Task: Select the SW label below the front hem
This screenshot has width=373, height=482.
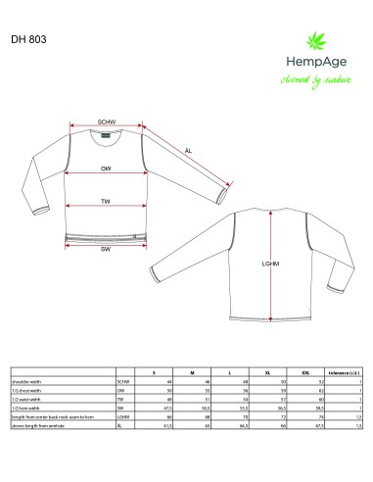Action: [105, 249]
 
